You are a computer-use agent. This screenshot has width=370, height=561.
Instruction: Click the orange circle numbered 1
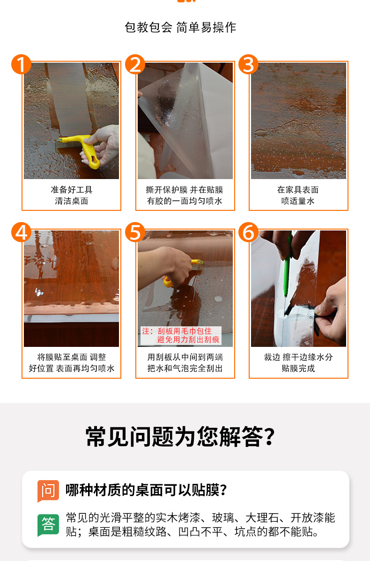coord(22,64)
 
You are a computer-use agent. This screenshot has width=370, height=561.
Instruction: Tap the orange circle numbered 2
coord(135,64)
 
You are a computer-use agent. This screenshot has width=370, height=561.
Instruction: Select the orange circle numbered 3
coord(248,64)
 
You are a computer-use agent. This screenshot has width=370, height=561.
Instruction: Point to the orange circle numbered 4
coord(22,232)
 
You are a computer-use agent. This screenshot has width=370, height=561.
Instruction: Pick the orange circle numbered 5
coord(135,232)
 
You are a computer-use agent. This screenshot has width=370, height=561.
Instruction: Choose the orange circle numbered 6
coord(248,232)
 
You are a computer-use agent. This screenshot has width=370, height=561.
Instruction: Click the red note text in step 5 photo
coord(181,335)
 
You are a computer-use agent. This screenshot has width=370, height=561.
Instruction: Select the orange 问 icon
coord(48,491)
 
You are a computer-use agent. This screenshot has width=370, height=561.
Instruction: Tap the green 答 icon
coord(48,525)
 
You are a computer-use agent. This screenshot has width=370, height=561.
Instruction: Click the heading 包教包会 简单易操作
coord(180,27)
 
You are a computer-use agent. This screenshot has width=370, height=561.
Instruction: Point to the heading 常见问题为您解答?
coord(180,437)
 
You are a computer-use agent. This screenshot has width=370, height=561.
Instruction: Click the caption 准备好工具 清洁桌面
coord(72,195)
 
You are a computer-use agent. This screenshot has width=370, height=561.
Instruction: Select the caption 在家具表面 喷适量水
coord(298,195)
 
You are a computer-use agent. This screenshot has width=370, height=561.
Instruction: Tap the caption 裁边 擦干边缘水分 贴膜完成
coord(298,363)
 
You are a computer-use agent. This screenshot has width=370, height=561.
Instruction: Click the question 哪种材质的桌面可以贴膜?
coord(146,490)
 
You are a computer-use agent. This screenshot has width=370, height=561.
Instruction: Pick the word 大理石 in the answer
coord(262,518)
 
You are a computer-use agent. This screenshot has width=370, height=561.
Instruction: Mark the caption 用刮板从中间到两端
coord(185,357)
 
